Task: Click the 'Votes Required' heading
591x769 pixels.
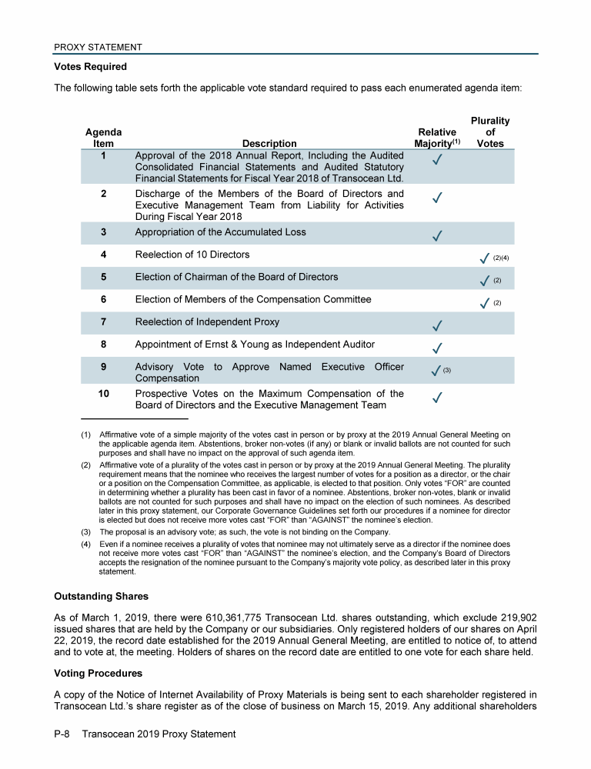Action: (90, 67)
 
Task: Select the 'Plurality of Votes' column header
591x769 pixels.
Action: (490, 131)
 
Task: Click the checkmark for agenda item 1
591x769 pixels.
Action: (436, 160)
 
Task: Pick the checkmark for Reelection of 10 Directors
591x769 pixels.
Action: (484, 257)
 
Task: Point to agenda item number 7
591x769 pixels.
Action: (103, 321)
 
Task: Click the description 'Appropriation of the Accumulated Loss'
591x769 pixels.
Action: (220, 232)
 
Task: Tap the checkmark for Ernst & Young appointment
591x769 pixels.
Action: (436, 348)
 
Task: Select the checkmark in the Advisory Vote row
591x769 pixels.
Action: (436, 371)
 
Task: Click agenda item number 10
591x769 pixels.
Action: (103, 394)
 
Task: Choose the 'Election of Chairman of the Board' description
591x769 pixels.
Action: (236, 277)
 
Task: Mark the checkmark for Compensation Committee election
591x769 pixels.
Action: (484, 303)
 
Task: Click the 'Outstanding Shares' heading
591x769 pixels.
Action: (101, 596)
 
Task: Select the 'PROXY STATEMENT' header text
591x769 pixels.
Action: (98, 48)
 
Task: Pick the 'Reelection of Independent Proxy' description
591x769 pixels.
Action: (207, 321)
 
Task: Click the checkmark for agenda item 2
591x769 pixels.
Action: (436, 198)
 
